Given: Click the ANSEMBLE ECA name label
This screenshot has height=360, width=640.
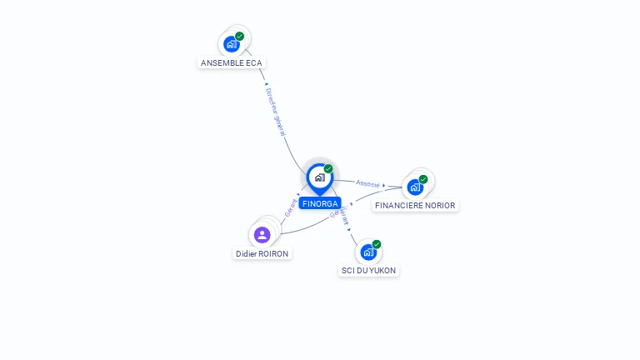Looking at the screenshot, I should pyautogui.click(x=232, y=62).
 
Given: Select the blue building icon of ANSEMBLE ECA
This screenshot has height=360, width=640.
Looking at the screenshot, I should pyautogui.click(x=231, y=44).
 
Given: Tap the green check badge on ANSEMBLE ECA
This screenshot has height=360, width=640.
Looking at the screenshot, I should pyautogui.click(x=240, y=36).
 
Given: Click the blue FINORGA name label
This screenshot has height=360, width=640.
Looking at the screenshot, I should pyautogui.click(x=320, y=203).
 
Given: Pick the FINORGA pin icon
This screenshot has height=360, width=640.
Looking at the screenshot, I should pyautogui.click(x=319, y=177).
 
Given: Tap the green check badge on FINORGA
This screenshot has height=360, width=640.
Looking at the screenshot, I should pyautogui.click(x=328, y=168).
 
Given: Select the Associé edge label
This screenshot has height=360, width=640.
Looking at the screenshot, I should pyautogui.click(x=367, y=183).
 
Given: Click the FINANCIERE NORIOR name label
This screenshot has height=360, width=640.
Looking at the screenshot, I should pyautogui.click(x=415, y=205).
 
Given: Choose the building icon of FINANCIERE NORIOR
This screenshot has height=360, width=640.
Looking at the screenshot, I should pyautogui.click(x=415, y=187).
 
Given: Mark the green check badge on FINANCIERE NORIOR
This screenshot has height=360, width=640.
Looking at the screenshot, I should pyautogui.click(x=423, y=179).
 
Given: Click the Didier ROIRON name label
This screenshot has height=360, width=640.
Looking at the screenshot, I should pyautogui.click(x=262, y=253).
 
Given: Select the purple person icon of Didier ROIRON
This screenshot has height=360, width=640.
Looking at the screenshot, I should pyautogui.click(x=262, y=235).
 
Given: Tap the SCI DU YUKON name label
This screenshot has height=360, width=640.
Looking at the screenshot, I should pyautogui.click(x=369, y=270).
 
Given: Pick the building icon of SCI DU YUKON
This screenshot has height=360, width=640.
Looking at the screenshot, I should pyautogui.click(x=368, y=252).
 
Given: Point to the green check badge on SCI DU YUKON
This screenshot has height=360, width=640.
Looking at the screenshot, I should pyautogui.click(x=377, y=244).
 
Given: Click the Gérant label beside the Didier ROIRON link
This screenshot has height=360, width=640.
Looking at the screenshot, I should pyautogui.click(x=291, y=208).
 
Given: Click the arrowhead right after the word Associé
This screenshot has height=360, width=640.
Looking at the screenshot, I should pyautogui.click(x=384, y=186).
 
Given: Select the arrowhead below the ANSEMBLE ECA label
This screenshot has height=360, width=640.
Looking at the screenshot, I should pyautogui.click(x=266, y=84).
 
